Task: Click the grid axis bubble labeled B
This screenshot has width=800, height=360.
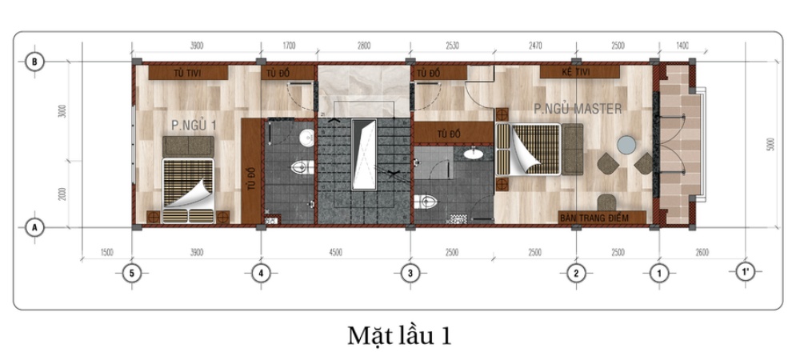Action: tap(35, 62)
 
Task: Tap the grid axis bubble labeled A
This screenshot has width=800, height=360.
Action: tap(35, 227)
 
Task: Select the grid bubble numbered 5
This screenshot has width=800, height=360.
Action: tap(132, 273)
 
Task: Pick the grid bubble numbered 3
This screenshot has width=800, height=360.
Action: tap(410, 273)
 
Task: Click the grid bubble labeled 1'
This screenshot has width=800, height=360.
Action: tap(746, 273)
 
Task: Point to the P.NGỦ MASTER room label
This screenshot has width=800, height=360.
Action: tap(577, 109)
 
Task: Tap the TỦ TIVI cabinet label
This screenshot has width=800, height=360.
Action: tap(189, 74)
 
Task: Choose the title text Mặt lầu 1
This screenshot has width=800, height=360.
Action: tap(399, 335)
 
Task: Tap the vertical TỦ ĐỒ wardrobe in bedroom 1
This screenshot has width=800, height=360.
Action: tap(251, 171)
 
